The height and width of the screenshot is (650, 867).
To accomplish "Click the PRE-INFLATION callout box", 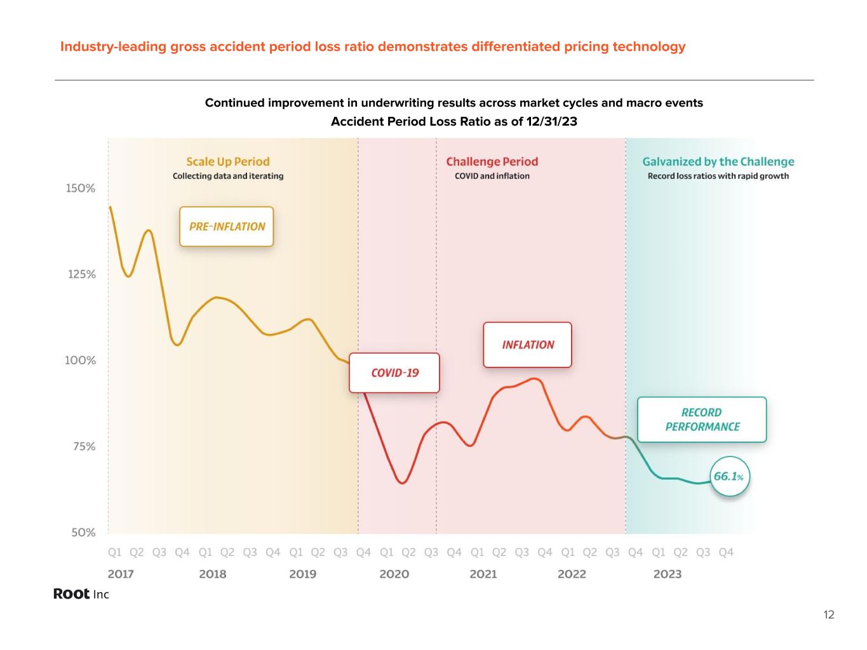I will point(227,227).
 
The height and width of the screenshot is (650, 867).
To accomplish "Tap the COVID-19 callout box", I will point(394,373).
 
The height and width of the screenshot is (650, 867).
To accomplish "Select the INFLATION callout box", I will point(528,345).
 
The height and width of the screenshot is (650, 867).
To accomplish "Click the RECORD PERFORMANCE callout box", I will point(702,420).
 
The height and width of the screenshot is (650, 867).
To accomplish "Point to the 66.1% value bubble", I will point(729,476).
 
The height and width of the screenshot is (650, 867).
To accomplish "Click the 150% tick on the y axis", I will point(81,189).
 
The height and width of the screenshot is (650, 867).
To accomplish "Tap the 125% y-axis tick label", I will point(82,274).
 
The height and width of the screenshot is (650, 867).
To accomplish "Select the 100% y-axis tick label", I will point(81,361).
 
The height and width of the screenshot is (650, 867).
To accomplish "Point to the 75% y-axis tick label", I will point(83,446).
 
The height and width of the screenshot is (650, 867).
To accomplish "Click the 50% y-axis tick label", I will point(83,533).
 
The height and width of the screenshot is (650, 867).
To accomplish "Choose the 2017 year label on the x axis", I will point(121,574).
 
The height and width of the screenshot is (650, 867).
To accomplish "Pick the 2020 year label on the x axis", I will point(394,574).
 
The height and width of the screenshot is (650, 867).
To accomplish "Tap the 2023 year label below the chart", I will point(667,574).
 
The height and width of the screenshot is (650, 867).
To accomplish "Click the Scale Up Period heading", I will point(228,162).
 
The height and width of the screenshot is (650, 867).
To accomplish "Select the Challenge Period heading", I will point(492,162).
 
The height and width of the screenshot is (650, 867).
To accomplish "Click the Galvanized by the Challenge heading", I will point(718,162).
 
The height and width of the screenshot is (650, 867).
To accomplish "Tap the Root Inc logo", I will point(81,594).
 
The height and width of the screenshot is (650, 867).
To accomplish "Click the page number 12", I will point(828,614).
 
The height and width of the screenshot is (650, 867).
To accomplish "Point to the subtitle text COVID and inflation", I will point(492,176).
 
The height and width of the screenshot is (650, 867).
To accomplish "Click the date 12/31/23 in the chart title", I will point(551,121).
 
